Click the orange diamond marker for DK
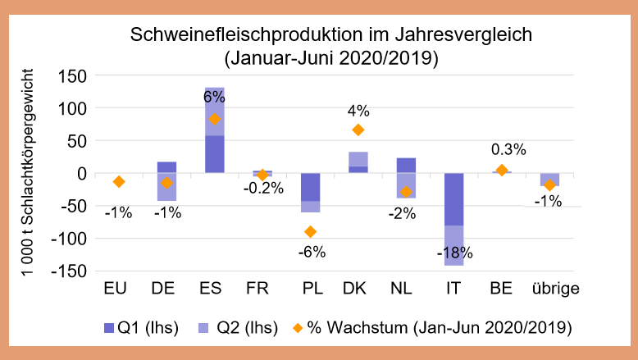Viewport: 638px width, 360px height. coord(358,130)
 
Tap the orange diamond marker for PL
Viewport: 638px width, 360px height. coord(310,232)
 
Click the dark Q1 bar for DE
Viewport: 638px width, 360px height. coord(166,167)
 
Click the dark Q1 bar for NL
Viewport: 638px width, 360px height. coord(405,165)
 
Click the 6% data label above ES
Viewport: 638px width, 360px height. coord(214,97)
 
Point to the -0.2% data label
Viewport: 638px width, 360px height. coord(262,188)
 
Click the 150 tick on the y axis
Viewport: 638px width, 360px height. coord(75,76)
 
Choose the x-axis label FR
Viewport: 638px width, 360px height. coord(262,289)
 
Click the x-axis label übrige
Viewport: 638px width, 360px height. coord(554,289)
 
